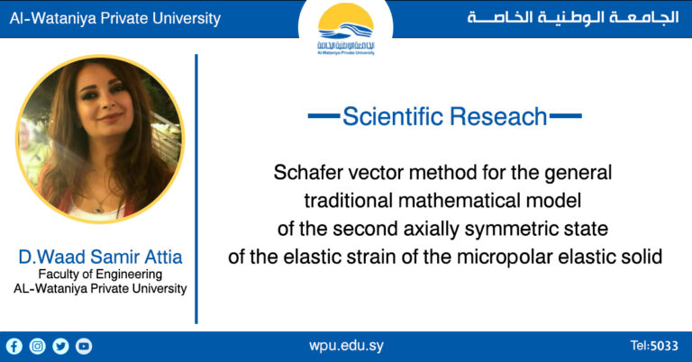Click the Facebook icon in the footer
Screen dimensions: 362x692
(x=14, y=346)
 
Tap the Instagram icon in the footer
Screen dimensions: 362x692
(x=37, y=346)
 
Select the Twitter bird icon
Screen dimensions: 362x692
(x=60, y=346)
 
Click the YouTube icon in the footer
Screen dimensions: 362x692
(x=84, y=346)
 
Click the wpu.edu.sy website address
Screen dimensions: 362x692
(x=346, y=346)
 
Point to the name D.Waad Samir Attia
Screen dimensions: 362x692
(x=100, y=258)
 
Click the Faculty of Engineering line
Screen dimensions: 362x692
(x=100, y=275)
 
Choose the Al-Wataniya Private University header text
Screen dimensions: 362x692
(x=114, y=19)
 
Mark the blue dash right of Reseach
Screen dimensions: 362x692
(x=565, y=116)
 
